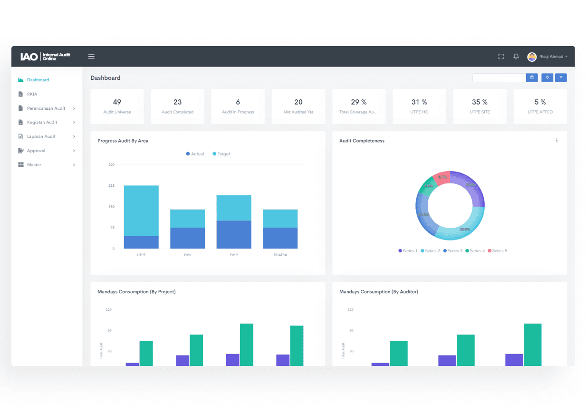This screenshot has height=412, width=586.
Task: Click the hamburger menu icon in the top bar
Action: pyautogui.click(x=91, y=57)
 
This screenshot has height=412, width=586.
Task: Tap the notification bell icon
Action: pyautogui.click(x=516, y=57)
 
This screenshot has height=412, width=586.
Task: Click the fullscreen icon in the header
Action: pyautogui.click(x=501, y=57)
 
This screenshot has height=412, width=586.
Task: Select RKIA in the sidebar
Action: pyautogui.click(x=32, y=94)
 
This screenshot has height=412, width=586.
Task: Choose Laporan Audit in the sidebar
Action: pyautogui.click(x=41, y=136)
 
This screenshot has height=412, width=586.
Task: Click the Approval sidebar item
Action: pyautogui.click(x=36, y=151)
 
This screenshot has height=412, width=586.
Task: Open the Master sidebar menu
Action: pyautogui.click(x=34, y=165)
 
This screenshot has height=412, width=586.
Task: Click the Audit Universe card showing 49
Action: pyautogui.click(x=117, y=106)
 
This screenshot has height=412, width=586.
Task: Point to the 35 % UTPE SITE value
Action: pyautogui.click(x=480, y=102)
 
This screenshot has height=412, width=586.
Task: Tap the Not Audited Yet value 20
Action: pyautogui.click(x=298, y=102)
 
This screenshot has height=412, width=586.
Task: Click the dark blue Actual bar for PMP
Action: pyautogui.click(x=234, y=235)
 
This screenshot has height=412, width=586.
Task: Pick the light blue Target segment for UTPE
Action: pyautogui.click(x=141, y=211)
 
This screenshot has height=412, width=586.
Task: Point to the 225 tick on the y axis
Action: pyautogui.click(x=111, y=185)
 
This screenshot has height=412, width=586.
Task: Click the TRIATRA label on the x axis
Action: pyautogui.click(x=280, y=255)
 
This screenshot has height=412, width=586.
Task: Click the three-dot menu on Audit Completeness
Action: pyautogui.click(x=557, y=141)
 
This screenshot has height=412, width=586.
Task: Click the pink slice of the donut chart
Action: pyautogui.click(x=442, y=178)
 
